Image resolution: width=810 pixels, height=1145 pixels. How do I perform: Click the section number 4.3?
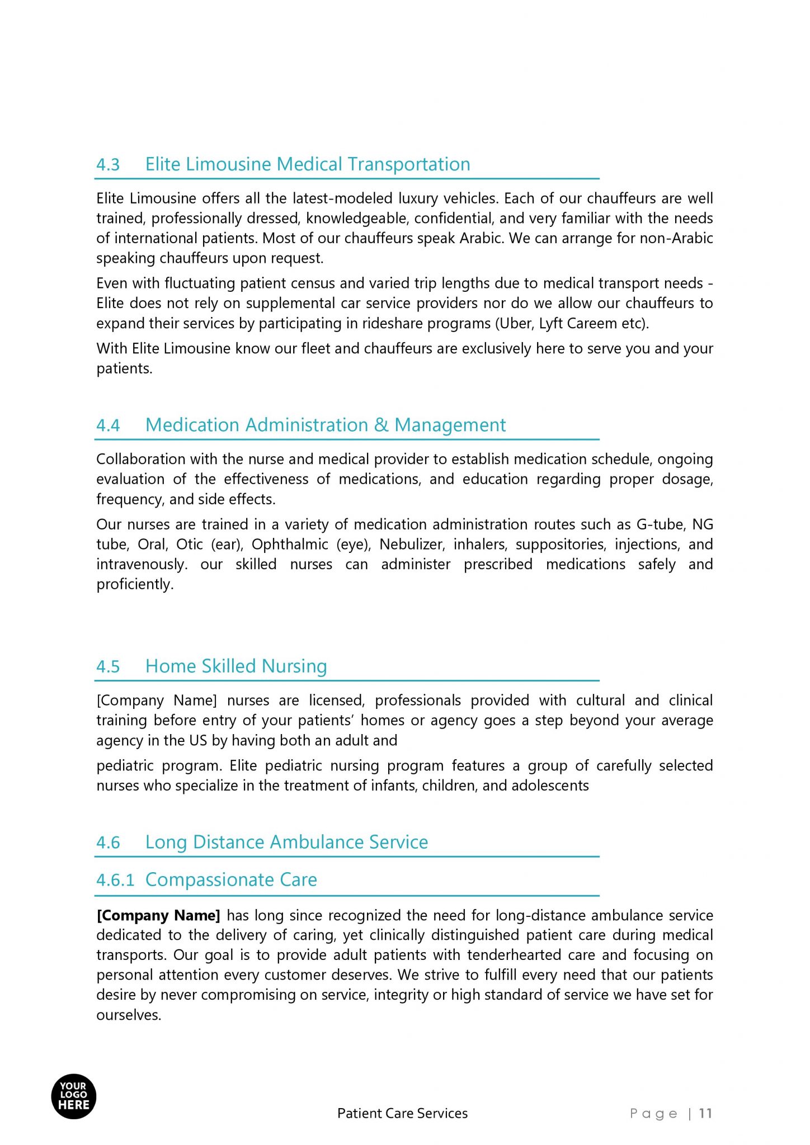coord(108,165)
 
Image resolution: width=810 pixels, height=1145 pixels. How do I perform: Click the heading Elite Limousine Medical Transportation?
coord(308,164)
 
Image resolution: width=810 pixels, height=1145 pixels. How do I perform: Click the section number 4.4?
coord(108,426)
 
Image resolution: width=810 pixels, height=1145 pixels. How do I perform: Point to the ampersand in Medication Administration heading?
coord(381,425)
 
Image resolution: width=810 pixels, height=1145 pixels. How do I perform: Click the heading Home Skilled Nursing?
coord(236,666)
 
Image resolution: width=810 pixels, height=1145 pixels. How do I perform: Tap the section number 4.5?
coord(108,667)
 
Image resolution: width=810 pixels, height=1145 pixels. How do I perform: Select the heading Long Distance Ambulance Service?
coord(286,843)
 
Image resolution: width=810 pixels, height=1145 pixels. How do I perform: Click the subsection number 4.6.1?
coord(115,881)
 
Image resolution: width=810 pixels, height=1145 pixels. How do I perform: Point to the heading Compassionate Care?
coord(231,880)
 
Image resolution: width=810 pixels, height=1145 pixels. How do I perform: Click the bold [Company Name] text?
coord(158,916)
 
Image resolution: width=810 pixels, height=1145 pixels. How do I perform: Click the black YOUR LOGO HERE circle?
coord(74,1096)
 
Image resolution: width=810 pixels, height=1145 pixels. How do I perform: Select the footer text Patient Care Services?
coord(402,1114)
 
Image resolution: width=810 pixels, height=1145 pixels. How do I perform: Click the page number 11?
coord(705,1114)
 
